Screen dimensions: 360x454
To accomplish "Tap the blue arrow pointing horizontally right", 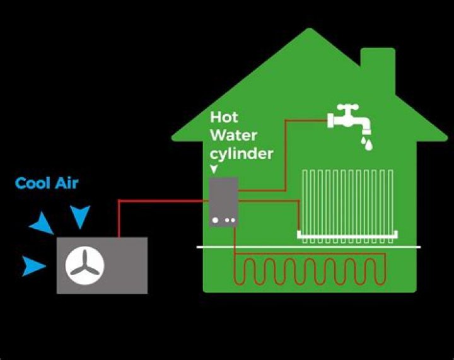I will pos(34,266).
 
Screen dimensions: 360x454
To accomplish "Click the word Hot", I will pos(224,117).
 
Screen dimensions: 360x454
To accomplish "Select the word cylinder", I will pos(242,153).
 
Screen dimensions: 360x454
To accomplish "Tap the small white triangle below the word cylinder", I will pos(214,168).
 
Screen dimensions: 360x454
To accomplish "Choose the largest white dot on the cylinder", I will pos(216,220).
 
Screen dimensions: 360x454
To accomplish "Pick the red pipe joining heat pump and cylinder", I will pos(158,202).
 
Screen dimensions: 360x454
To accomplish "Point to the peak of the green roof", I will pos(309,30).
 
